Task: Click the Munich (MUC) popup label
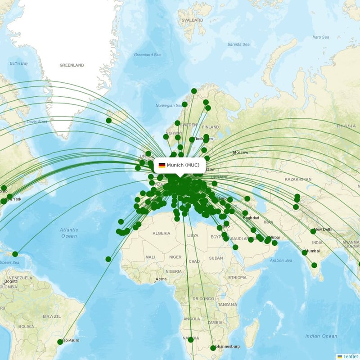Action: (180, 165)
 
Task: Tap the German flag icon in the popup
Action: (162, 165)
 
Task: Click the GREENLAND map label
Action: (72, 65)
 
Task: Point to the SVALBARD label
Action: (190, 21)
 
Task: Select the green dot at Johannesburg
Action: (213, 348)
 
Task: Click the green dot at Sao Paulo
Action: (60, 342)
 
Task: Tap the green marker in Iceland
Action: (108, 121)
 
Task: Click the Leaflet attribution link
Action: (348, 356)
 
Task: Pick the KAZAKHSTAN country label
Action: (297, 179)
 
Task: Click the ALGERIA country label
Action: (161, 233)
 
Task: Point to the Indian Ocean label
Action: (321, 336)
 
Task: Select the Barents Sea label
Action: (238, 45)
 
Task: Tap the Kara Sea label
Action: (321, 37)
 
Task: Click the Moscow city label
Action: (240, 153)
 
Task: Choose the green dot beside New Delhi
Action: (313, 231)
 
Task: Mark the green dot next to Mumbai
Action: (305, 253)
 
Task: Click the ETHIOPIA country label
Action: (237, 278)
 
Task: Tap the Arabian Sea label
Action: (282, 260)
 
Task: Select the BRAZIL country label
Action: (51, 316)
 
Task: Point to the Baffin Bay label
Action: (19, 63)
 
